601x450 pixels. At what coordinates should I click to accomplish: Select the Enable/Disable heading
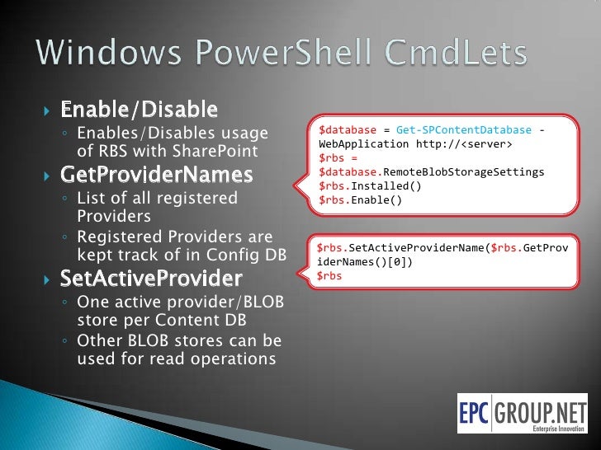[140, 110]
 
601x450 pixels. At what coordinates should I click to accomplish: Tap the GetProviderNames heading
[157, 176]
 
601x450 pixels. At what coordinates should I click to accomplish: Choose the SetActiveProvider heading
[151, 279]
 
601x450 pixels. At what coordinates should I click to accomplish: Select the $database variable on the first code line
[348, 131]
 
